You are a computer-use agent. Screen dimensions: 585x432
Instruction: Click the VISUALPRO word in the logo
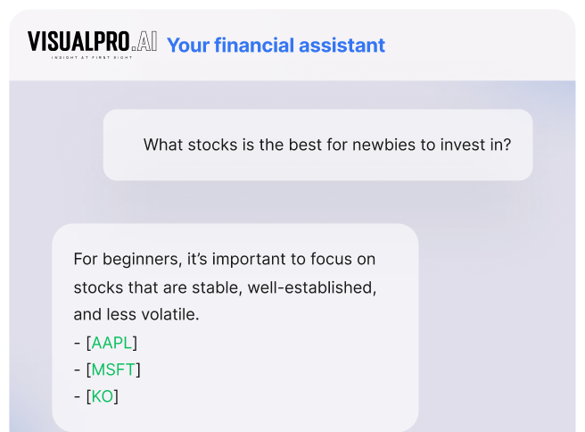(78, 41)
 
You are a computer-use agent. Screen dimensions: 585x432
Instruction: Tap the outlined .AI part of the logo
(144, 41)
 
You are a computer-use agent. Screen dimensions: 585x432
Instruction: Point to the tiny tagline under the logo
(92, 57)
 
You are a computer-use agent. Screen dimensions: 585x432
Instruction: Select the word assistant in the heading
(342, 46)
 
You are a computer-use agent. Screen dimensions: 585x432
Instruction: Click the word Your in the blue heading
(188, 46)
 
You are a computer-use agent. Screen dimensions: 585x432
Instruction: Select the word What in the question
(163, 145)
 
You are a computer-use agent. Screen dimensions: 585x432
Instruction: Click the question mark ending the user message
(507, 145)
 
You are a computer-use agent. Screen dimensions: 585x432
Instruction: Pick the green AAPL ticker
(111, 343)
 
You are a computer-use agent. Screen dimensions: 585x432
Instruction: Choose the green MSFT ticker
(113, 370)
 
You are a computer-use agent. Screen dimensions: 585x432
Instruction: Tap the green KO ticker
(103, 396)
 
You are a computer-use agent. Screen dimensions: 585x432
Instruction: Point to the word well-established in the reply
(312, 287)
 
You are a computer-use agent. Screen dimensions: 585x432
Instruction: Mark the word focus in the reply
(332, 259)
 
